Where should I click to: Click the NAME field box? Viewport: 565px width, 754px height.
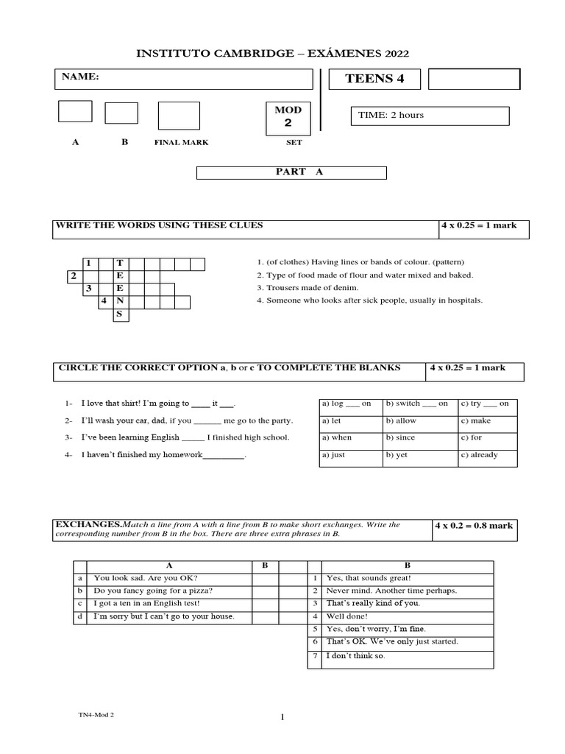(184, 79)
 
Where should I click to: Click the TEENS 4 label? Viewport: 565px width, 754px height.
(374, 79)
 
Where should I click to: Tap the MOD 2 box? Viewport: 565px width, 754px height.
(288, 117)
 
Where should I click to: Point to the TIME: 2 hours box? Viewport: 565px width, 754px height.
(430, 116)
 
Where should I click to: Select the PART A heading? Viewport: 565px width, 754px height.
(291, 172)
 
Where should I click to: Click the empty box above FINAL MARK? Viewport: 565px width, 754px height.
(179, 116)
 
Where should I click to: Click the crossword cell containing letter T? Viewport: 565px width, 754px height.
(120, 263)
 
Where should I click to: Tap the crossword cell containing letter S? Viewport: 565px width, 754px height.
(120, 315)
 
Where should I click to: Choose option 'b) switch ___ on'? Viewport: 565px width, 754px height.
(416, 404)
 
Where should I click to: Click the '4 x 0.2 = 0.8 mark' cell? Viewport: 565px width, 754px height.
(476, 526)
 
